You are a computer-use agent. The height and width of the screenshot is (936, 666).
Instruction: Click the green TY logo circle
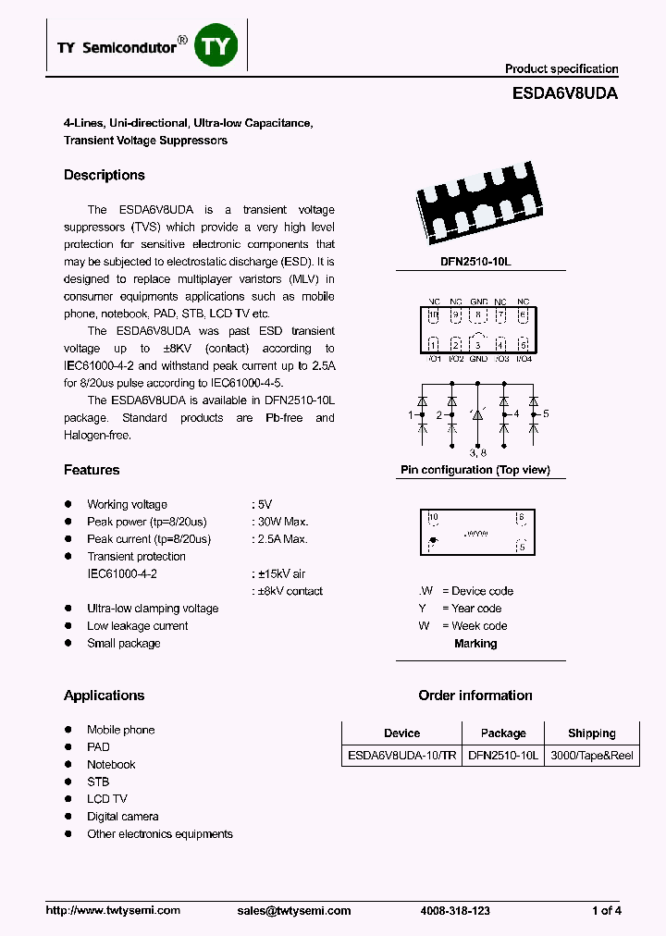216,47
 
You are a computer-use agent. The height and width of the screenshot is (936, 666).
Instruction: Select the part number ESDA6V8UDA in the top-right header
564,93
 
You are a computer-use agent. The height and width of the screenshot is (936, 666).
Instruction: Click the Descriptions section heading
105,175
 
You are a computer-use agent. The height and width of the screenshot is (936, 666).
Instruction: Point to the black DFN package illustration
476,208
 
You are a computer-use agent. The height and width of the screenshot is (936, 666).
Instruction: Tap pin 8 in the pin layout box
478,315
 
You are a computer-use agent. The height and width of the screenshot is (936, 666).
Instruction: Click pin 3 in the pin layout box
478,345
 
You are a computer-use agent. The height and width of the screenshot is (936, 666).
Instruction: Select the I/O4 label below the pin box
524,359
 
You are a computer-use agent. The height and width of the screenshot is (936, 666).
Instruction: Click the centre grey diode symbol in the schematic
477,417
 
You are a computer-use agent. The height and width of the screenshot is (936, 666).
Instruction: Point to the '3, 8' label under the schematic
477,452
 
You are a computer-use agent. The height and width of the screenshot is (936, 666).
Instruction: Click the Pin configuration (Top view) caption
475,470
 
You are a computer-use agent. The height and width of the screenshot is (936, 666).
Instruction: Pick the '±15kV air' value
279,573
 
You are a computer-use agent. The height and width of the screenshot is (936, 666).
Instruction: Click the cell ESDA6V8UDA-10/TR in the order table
401,756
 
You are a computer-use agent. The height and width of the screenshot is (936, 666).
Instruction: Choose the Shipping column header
591,733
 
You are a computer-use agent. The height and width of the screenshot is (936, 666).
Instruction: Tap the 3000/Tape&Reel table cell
591,756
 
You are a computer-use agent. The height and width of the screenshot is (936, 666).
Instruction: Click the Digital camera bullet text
123,817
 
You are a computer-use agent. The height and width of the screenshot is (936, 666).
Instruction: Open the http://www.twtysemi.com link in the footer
113,911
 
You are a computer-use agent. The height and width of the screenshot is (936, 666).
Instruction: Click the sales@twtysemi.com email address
288,911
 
